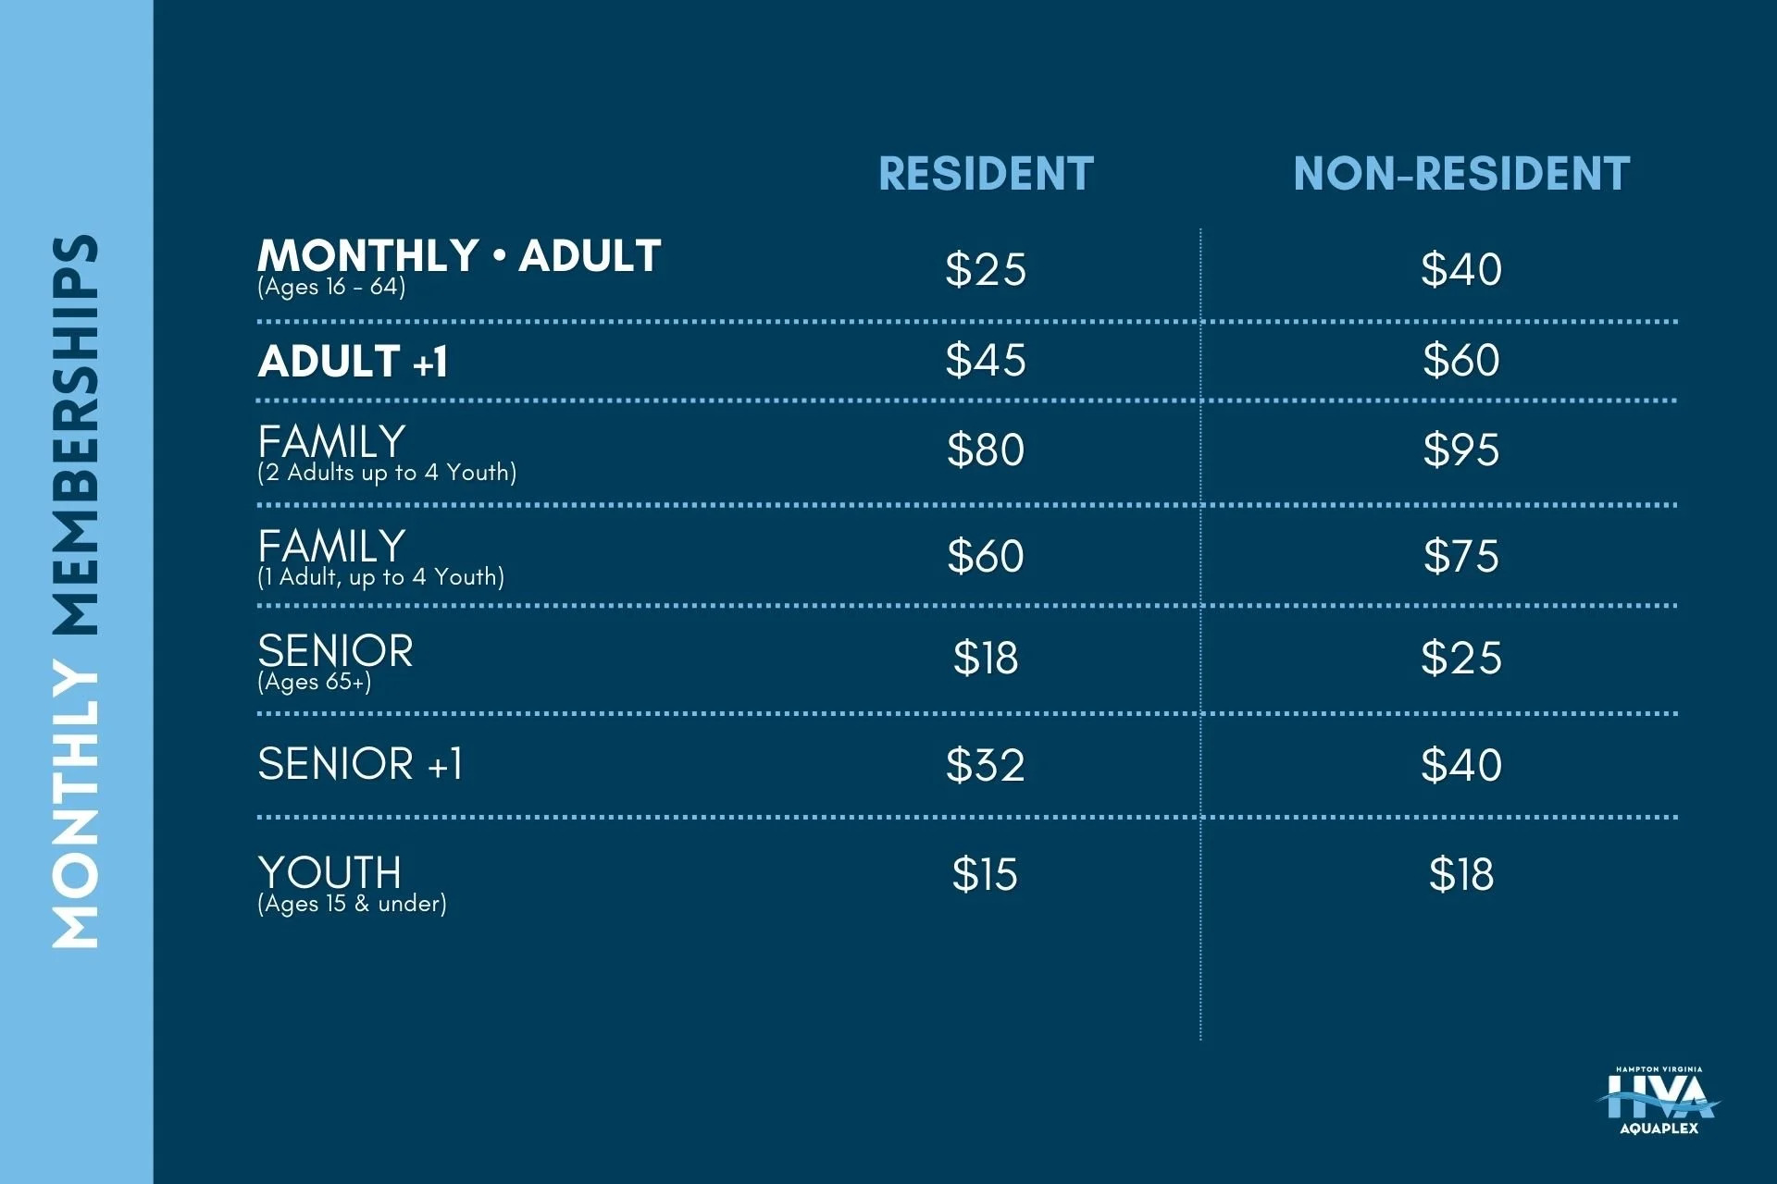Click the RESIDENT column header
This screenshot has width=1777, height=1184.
(986, 174)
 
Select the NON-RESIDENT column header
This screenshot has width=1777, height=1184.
(1461, 174)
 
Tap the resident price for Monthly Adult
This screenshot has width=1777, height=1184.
(986, 270)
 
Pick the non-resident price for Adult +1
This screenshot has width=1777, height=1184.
(1461, 360)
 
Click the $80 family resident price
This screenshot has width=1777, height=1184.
(986, 450)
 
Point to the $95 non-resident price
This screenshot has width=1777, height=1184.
(1461, 450)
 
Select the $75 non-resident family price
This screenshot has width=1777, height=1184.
(1461, 556)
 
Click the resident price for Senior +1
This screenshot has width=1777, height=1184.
(986, 766)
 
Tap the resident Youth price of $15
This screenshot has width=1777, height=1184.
(986, 874)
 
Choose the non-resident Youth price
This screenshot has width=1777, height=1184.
(1461, 874)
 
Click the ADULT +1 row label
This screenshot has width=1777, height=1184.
(354, 361)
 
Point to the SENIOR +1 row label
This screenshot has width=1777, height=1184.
(360, 764)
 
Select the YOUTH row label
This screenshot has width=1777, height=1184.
(329, 872)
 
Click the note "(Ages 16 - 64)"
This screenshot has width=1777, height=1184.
(331, 288)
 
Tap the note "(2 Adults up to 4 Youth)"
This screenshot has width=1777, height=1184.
(387, 473)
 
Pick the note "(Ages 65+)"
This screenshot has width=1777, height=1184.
(315, 683)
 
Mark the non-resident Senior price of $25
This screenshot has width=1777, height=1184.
(1461, 659)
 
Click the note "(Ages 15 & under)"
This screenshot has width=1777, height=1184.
(352, 904)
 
